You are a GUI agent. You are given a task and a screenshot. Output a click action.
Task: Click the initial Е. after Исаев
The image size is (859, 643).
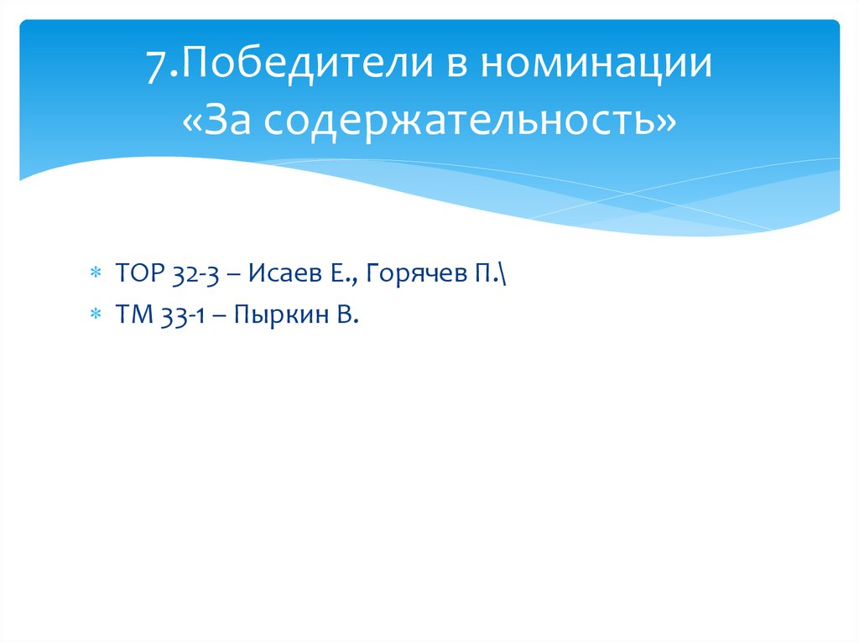pos(325,273)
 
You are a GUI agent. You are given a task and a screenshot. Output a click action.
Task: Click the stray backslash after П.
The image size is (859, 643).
pos(501,273)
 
